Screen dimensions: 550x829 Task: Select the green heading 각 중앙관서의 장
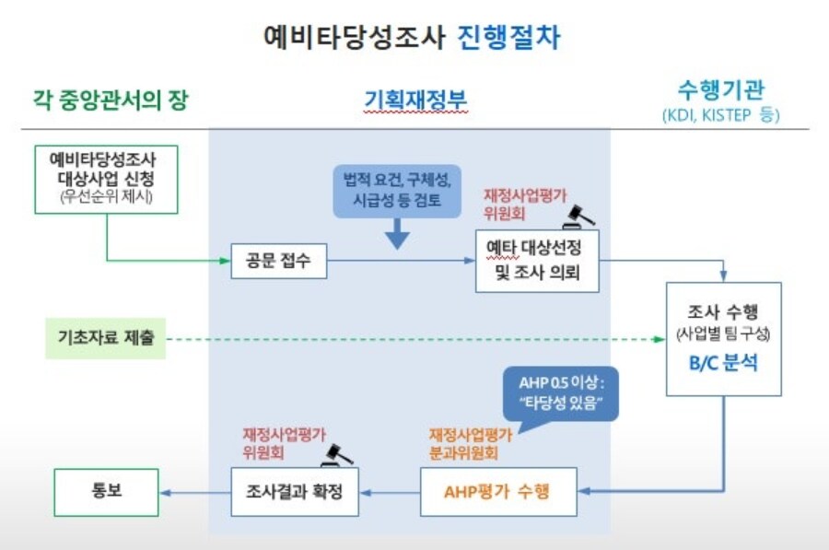[x=110, y=99]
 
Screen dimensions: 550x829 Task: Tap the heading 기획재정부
[x=415, y=99]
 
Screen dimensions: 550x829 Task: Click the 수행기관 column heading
[x=720, y=89]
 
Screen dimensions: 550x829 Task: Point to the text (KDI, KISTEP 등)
[x=720, y=116]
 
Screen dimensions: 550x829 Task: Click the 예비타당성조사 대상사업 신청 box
[x=106, y=179]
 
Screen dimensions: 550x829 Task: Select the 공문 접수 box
[x=279, y=262]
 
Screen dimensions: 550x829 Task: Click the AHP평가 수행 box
[x=498, y=491]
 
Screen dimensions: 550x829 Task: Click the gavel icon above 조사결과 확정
[x=337, y=452]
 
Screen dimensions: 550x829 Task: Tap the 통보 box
[x=106, y=491]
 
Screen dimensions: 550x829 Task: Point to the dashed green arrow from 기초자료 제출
[x=414, y=339]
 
